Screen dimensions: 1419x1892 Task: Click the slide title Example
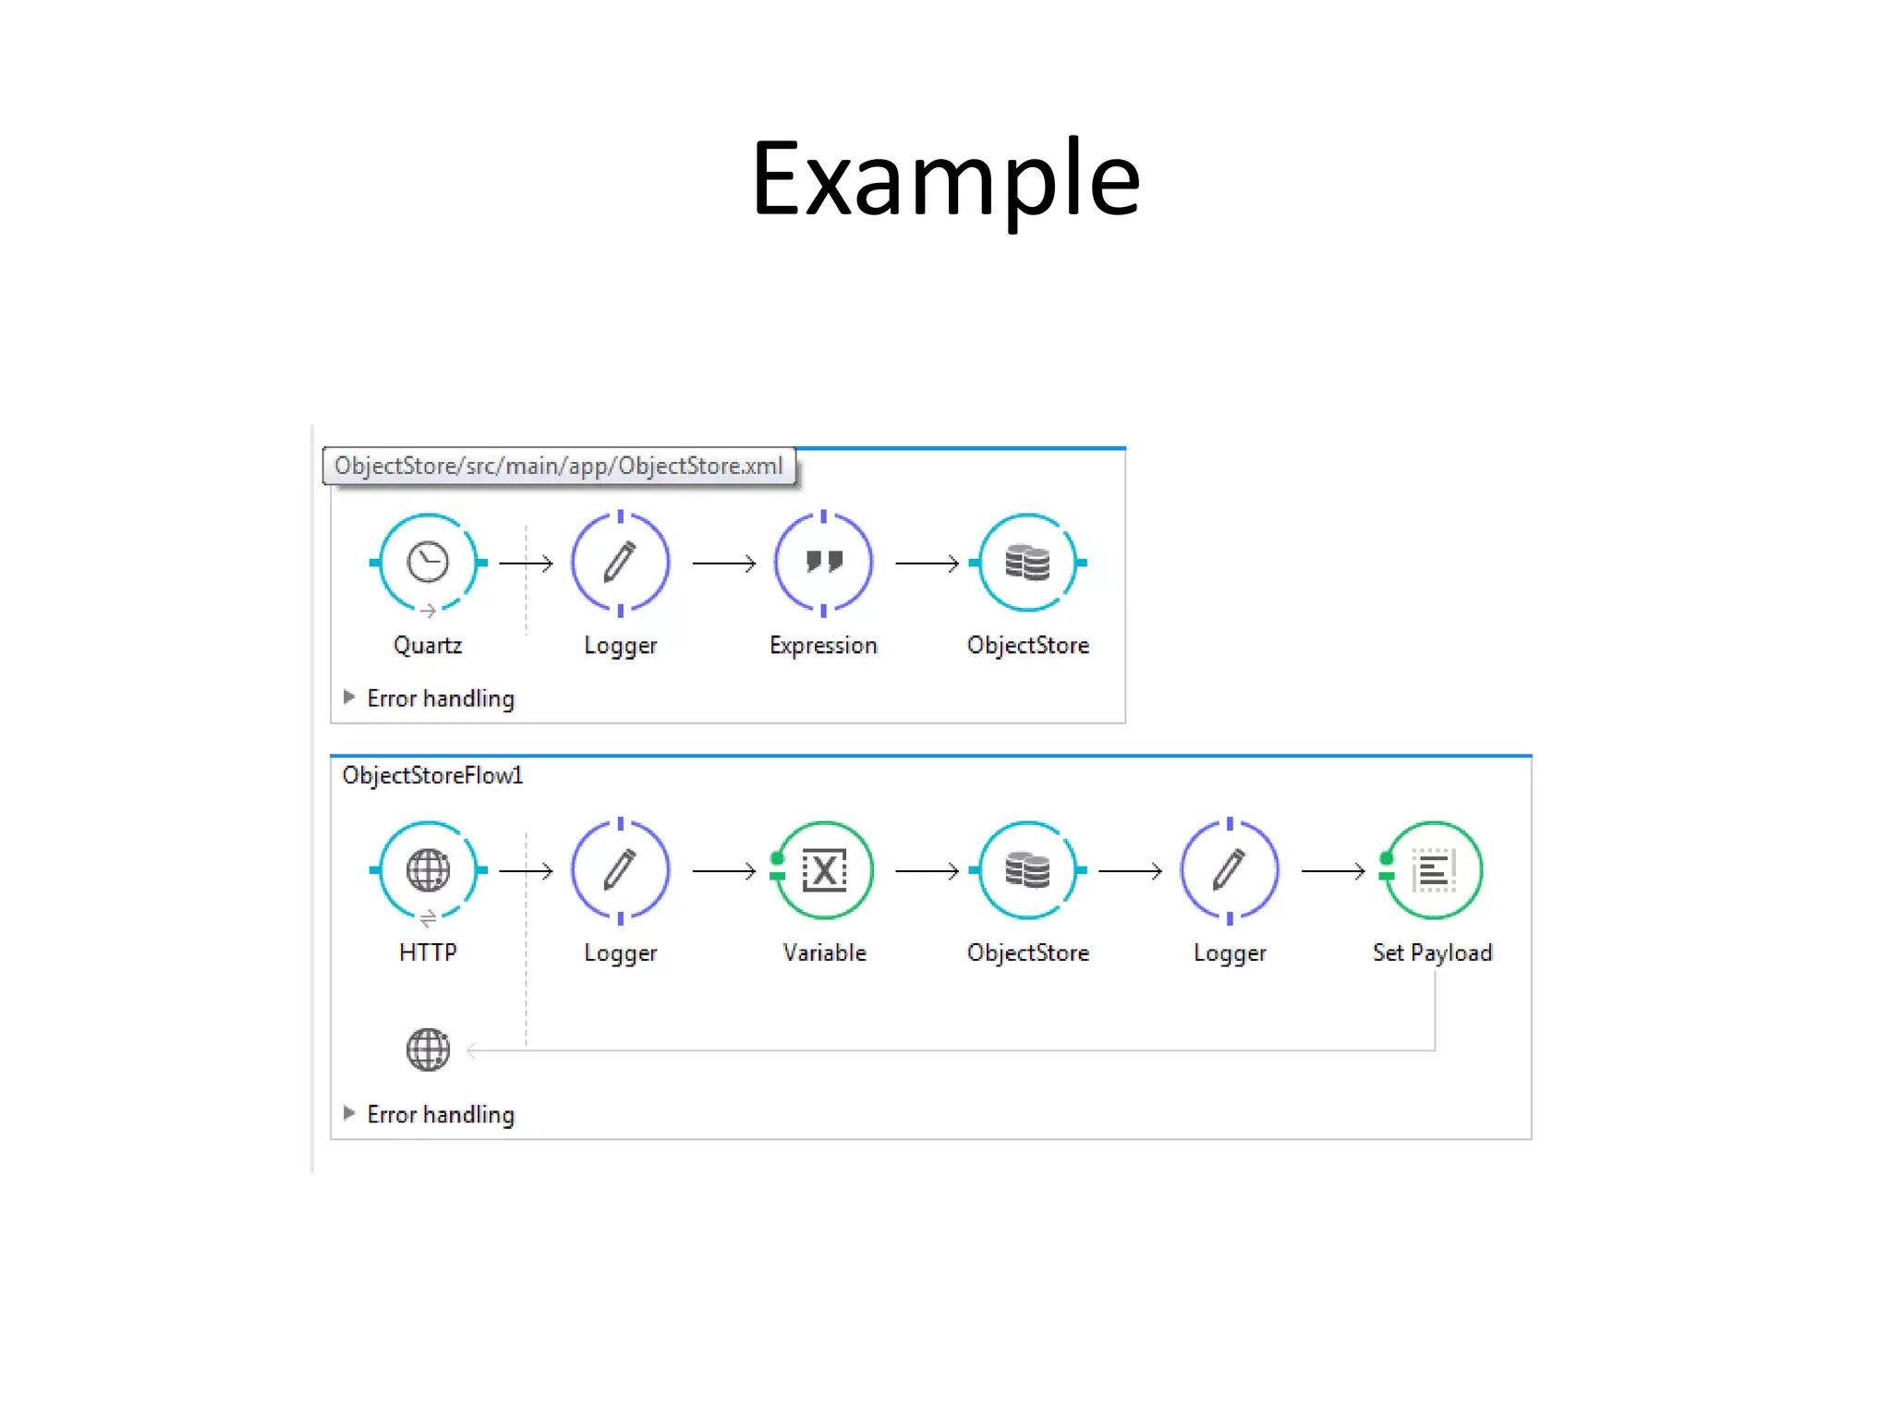[x=945, y=179]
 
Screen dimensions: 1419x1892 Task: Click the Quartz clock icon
[x=428, y=562]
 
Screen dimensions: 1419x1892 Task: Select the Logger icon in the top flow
[x=620, y=562]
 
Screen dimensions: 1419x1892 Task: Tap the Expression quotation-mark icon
[x=823, y=562]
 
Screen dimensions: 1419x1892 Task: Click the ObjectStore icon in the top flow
[x=1027, y=562]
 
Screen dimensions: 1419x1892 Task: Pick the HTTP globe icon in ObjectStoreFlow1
[x=428, y=869]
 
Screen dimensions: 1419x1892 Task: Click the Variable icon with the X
[x=824, y=869]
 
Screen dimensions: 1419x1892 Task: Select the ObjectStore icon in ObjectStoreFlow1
[x=1027, y=869]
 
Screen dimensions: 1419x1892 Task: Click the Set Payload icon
[x=1434, y=869]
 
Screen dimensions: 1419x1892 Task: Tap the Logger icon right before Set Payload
[x=1230, y=869]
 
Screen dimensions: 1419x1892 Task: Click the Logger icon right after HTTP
[x=620, y=869]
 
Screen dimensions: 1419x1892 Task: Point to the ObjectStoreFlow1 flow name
[x=432, y=775]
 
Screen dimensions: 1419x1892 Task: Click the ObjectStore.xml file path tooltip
[x=558, y=466]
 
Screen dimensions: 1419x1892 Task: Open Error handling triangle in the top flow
[x=349, y=697]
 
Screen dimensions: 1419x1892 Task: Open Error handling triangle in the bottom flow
[x=349, y=1113]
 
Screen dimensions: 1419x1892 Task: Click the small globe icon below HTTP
[x=428, y=1049]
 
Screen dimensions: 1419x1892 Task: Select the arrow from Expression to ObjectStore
[x=927, y=563]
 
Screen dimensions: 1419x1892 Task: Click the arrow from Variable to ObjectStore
[x=927, y=870]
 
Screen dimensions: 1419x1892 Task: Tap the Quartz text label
[x=427, y=645]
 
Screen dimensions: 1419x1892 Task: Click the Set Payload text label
[x=1432, y=952]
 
